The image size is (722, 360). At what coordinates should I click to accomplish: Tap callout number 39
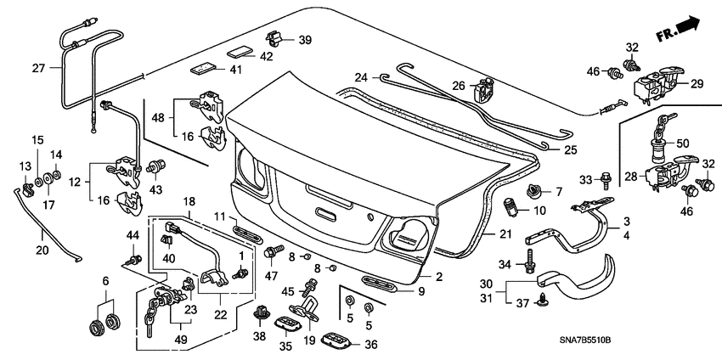pos(305,40)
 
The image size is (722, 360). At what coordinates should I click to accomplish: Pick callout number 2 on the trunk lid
pos(439,276)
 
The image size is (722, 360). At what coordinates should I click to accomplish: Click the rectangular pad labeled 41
pos(204,67)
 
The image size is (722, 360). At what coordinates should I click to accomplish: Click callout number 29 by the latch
pos(697,84)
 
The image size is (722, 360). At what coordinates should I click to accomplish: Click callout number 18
pos(189,202)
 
